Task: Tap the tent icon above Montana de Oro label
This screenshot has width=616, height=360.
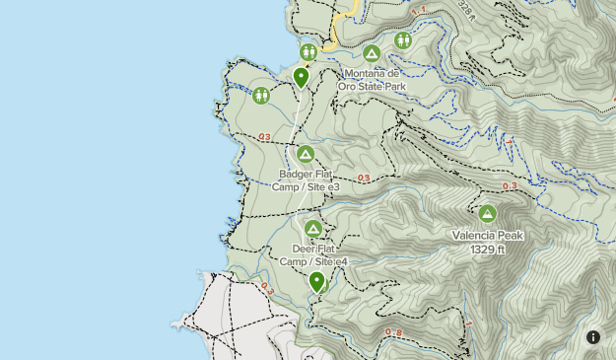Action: pyautogui.click(x=372, y=53)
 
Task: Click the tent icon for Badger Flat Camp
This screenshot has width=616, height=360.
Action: pyautogui.click(x=306, y=155)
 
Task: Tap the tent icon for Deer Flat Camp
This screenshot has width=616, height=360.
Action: pyautogui.click(x=313, y=230)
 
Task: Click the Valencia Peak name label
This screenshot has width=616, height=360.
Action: pyautogui.click(x=488, y=236)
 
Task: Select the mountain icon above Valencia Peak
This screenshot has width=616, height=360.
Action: pyautogui.click(x=487, y=213)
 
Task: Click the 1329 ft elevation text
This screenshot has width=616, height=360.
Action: pyautogui.click(x=488, y=249)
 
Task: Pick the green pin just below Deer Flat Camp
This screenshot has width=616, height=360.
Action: pyautogui.click(x=316, y=283)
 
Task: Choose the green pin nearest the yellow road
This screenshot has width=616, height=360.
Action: pyautogui.click(x=301, y=77)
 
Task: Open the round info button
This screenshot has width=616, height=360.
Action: pyautogui.click(x=593, y=337)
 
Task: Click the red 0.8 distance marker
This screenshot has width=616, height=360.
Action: pyautogui.click(x=393, y=332)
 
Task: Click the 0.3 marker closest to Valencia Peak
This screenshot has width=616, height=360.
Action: pyautogui.click(x=510, y=186)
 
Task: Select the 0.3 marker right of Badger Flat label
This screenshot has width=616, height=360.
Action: pyautogui.click(x=364, y=179)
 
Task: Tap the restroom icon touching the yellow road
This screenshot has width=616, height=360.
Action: pyautogui.click(x=308, y=50)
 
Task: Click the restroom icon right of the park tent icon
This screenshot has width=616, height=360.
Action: pyautogui.click(x=402, y=40)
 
